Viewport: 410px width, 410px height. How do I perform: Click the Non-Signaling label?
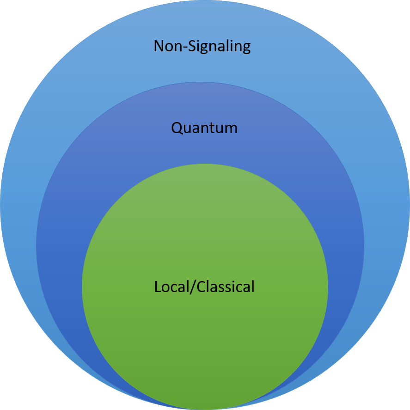pos(202,46)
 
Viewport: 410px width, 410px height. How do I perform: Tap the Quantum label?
pos(204,128)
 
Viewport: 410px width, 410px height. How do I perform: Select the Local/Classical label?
pos(204,287)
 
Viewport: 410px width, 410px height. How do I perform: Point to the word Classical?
pos(226,287)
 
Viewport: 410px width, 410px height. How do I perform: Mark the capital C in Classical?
pos(202,287)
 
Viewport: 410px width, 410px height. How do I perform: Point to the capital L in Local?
pos(158,287)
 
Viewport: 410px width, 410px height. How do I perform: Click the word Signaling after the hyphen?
pos(218,47)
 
